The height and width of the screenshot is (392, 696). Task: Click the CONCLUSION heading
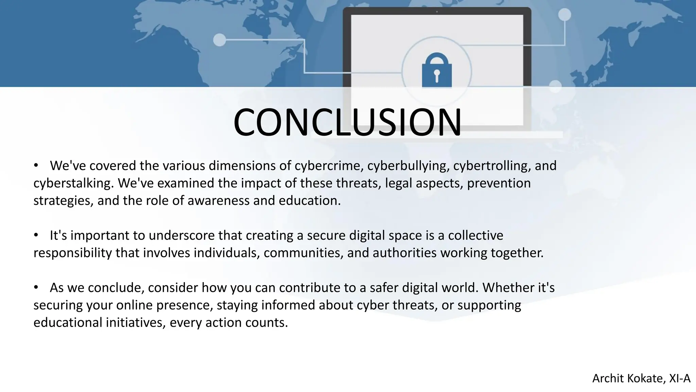coord(347,122)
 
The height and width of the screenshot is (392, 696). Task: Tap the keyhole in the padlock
coord(437,76)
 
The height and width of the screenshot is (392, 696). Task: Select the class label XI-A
coord(679,378)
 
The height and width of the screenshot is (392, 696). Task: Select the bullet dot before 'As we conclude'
coord(36,288)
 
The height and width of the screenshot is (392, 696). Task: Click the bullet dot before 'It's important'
coord(36,235)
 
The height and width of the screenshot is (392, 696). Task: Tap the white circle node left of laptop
coord(220,40)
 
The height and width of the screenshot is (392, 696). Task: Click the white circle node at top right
coord(564,15)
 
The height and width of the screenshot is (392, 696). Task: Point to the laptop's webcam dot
coord(437,12)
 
